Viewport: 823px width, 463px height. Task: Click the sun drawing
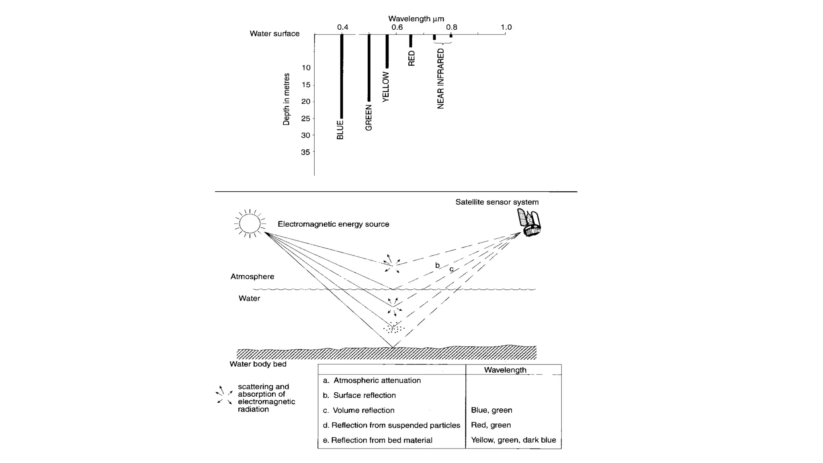click(x=250, y=223)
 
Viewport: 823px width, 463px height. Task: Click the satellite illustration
click(x=529, y=222)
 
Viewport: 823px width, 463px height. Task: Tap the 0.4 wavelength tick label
click(x=342, y=27)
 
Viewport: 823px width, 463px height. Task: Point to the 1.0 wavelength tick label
click(x=506, y=27)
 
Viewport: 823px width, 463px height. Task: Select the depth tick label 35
click(x=306, y=152)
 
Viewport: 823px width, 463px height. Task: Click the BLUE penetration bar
click(x=342, y=76)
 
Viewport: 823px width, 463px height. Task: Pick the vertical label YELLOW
click(x=386, y=87)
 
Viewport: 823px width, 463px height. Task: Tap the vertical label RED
click(x=411, y=58)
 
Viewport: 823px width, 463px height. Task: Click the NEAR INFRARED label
click(x=441, y=79)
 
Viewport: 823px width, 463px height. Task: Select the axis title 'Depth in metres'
click(x=287, y=99)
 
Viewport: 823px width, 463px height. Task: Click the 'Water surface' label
click(x=274, y=34)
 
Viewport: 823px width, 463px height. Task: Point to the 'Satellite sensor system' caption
click(x=497, y=202)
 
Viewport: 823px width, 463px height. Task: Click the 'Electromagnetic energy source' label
click(x=333, y=224)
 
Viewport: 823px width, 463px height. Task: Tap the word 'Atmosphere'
click(x=252, y=277)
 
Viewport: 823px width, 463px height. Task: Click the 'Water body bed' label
click(x=258, y=364)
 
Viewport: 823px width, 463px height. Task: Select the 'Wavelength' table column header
click(x=505, y=370)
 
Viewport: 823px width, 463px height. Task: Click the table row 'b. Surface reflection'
click(x=360, y=395)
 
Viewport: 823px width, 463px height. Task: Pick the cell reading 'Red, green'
click(x=491, y=425)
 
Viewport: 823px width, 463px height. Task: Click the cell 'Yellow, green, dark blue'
click(x=513, y=440)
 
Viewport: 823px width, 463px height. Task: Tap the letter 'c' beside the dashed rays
click(x=451, y=269)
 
